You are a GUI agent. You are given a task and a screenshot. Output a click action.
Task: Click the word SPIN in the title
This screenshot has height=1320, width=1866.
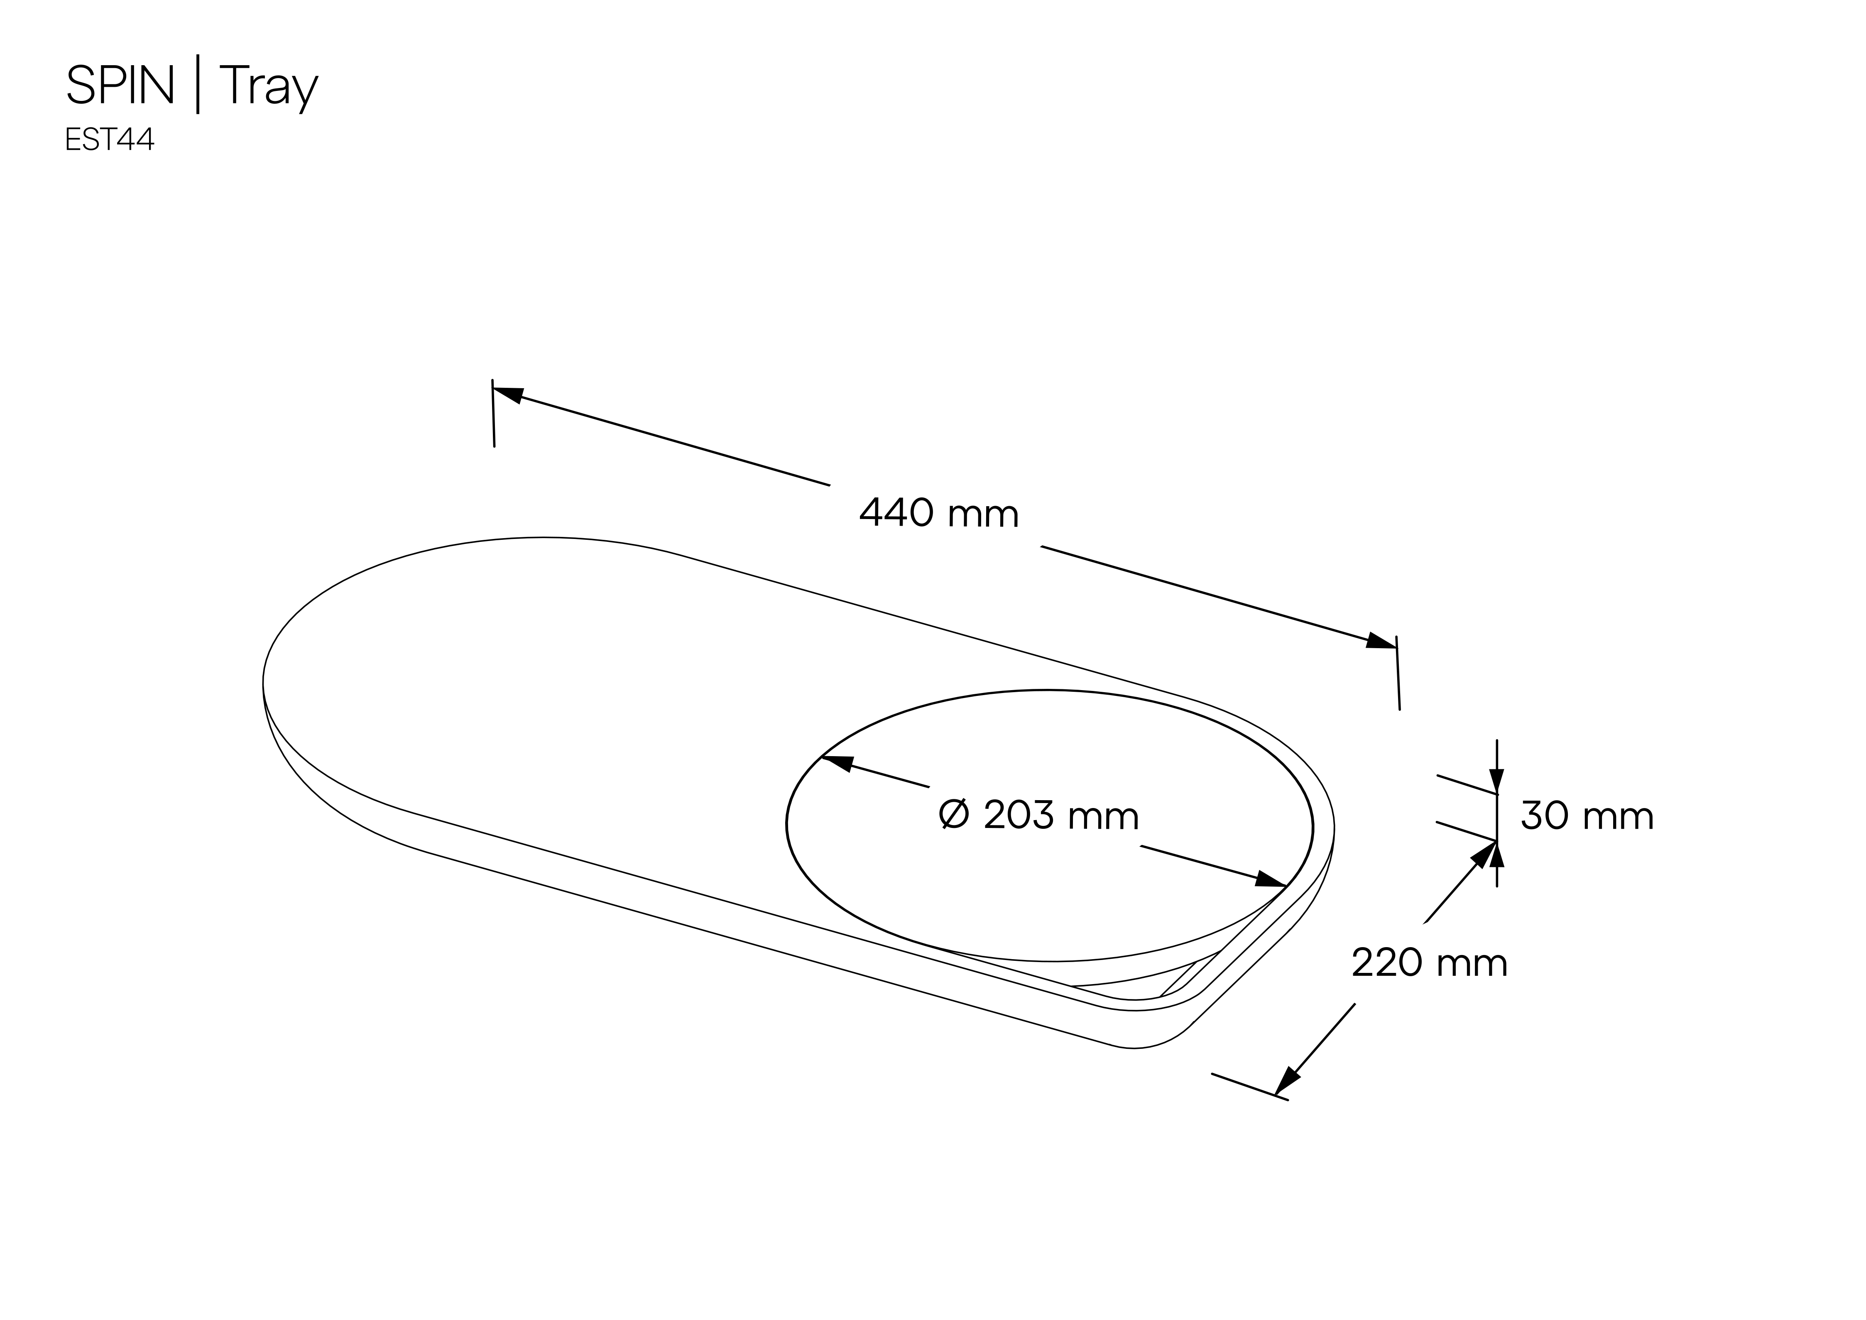120,86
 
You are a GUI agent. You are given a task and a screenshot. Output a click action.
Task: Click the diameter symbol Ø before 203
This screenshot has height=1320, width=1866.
954,815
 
